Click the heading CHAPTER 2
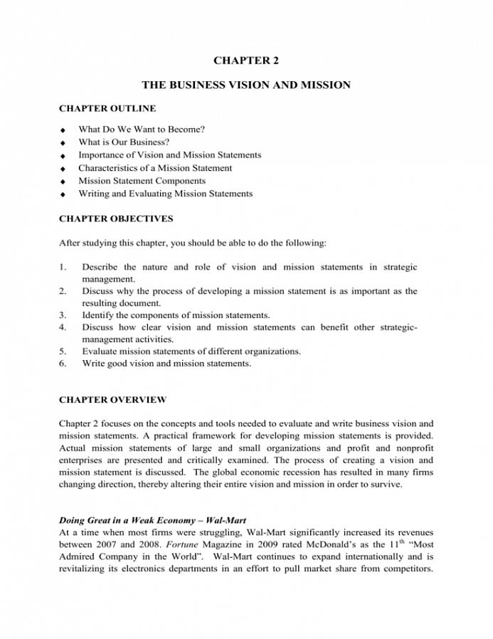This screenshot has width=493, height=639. (x=245, y=61)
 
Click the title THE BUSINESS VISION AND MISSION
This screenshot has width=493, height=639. (x=245, y=85)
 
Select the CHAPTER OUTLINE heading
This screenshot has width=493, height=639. (x=107, y=109)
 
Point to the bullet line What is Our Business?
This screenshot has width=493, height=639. (x=124, y=142)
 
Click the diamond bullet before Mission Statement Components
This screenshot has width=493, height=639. (x=63, y=181)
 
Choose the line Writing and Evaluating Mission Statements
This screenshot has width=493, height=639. (x=165, y=194)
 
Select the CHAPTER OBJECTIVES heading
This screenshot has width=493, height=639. (x=115, y=218)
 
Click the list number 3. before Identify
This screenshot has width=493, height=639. (x=63, y=315)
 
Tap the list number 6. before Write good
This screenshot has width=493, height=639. (x=63, y=364)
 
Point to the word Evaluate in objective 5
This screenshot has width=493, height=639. (x=100, y=352)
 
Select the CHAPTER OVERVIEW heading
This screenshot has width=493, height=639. (x=112, y=400)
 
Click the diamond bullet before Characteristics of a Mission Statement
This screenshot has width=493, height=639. (x=63, y=169)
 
